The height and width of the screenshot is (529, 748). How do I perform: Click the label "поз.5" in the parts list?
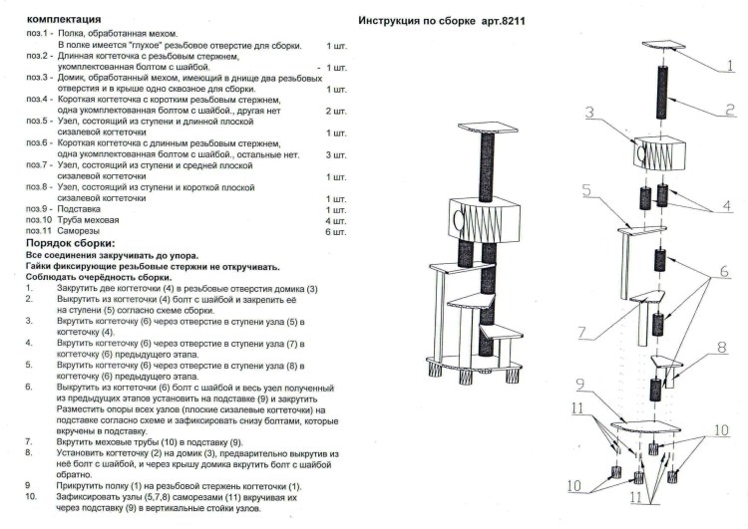39,122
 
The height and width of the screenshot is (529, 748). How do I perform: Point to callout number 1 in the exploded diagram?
730,66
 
